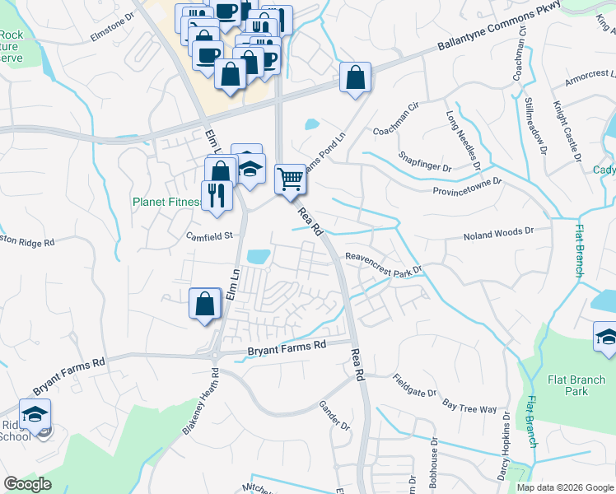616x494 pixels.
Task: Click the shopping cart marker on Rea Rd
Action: pyautogui.click(x=290, y=178)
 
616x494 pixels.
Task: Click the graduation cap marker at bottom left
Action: pyautogui.click(x=35, y=414)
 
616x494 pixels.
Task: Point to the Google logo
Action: pyautogui.click(x=27, y=484)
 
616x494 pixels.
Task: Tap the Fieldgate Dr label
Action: pyautogui.click(x=414, y=386)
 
